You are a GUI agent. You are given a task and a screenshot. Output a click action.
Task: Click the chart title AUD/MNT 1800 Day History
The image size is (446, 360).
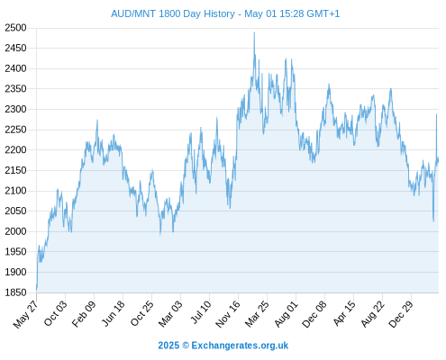click(173, 13)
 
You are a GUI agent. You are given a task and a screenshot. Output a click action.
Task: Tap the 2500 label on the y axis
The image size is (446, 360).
click(15, 28)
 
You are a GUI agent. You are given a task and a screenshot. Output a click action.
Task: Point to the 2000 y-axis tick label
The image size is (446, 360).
click(15, 231)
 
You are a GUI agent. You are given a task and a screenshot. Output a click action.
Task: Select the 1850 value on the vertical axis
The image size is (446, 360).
click(15, 292)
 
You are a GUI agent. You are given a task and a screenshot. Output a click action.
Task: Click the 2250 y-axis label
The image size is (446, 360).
click(15, 130)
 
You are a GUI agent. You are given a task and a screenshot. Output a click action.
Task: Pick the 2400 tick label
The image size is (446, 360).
click(15, 68)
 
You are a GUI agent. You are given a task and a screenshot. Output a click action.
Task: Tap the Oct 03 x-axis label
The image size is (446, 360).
click(56, 313)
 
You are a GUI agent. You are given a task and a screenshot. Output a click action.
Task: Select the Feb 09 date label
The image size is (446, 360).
click(84, 314)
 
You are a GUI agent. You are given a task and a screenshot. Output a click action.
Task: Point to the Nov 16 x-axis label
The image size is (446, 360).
click(228, 314)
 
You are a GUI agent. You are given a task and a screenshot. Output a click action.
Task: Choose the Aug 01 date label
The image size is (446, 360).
click(287, 314)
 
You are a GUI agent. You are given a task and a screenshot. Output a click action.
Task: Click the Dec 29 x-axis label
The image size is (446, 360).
click(401, 314)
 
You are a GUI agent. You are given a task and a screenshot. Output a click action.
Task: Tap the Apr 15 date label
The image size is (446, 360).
click(344, 313)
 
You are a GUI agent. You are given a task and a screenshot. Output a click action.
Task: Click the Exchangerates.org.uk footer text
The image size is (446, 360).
click(240, 346)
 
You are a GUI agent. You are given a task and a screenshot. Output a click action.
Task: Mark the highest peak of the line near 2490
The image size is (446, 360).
click(254, 32)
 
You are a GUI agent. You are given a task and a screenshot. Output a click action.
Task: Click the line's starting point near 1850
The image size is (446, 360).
click(37, 290)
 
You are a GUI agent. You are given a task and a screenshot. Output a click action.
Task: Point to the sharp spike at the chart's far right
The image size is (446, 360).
click(436, 114)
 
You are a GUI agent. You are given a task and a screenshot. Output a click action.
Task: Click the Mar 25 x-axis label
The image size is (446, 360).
click(257, 314)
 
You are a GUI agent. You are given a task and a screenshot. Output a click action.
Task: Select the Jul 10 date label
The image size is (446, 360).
click(201, 312)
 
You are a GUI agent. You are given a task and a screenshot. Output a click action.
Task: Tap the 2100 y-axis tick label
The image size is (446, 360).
click(15, 191)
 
